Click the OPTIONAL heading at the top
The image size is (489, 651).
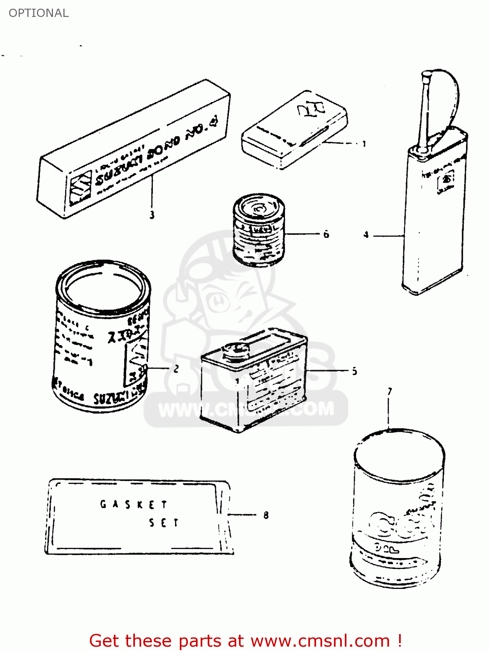click(39, 13)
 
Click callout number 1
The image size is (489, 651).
click(364, 144)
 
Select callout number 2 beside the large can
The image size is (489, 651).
click(176, 369)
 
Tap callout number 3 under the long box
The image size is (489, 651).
click(152, 214)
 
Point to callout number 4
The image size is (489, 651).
click(366, 235)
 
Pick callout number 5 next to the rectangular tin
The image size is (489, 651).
click(354, 371)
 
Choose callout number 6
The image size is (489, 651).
click(326, 234)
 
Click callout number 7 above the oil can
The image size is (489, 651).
click(390, 391)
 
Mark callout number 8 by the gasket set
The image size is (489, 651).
click(266, 515)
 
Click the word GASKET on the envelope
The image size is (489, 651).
click(133, 504)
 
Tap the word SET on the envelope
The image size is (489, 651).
click(164, 523)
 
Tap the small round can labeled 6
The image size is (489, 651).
click(259, 230)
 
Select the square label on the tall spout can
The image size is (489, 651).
click(446, 181)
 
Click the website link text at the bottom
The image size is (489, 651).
click(320, 641)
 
